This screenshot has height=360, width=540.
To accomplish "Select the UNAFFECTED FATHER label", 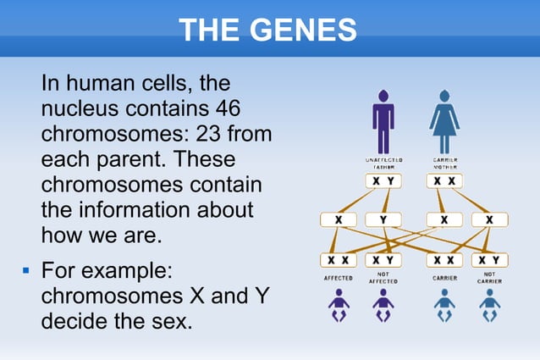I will point(383,163).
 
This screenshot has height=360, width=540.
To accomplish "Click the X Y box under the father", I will point(383,181).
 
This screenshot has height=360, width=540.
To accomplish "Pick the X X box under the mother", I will point(444,181).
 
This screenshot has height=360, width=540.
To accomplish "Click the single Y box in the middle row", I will point(383,220).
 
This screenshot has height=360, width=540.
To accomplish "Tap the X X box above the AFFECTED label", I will point(339,259).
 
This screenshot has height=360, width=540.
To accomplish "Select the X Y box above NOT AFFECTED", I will point(383,259).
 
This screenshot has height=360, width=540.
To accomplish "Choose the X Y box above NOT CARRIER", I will point(489,259).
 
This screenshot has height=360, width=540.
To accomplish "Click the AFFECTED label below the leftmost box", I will point(339,278).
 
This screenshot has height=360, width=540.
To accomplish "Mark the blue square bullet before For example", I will point(25,273).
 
